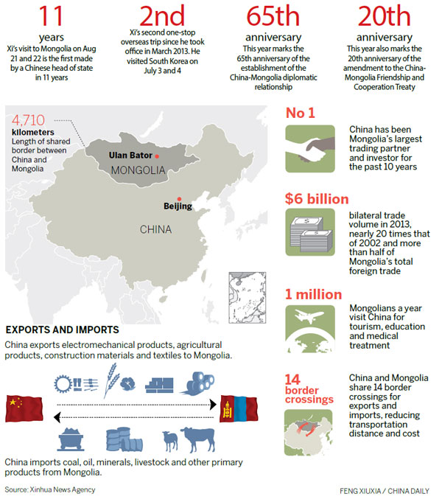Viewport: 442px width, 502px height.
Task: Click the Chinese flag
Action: (x=21, y=404)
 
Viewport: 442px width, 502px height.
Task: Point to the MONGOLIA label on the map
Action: (x=136, y=171)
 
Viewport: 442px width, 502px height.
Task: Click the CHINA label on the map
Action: (x=155, y=229)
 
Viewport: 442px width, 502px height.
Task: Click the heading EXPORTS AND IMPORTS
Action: (x=55, y=329)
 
